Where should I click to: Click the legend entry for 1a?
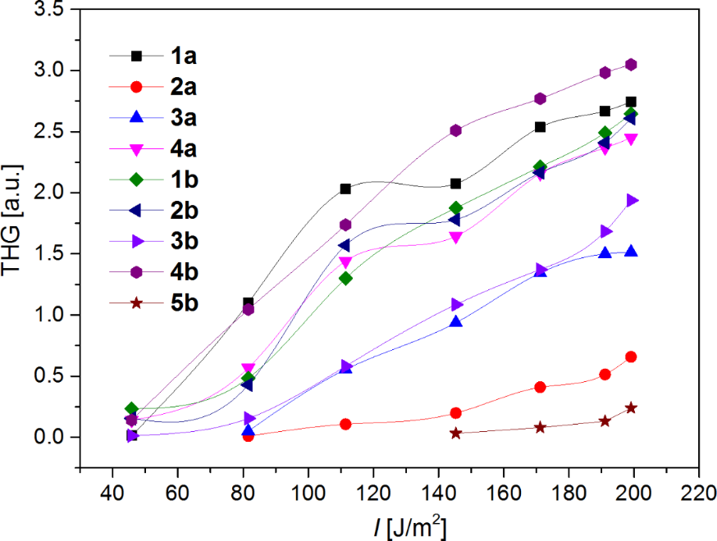[184, 56]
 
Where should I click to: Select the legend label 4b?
[184, 272]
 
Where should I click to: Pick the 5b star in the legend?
[137, 303]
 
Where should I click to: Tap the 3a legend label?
[184, 118]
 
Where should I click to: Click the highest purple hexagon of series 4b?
[631, 65]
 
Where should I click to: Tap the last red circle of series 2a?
[631, 357]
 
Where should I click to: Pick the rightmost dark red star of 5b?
[631, 408]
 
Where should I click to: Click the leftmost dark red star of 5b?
[455, 433]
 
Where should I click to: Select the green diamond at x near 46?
[131, 408]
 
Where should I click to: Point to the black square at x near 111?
[345, 189]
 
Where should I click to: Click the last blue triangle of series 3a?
[631, 252]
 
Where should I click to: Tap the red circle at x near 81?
[248, 436]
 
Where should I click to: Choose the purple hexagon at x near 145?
[455, 130]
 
